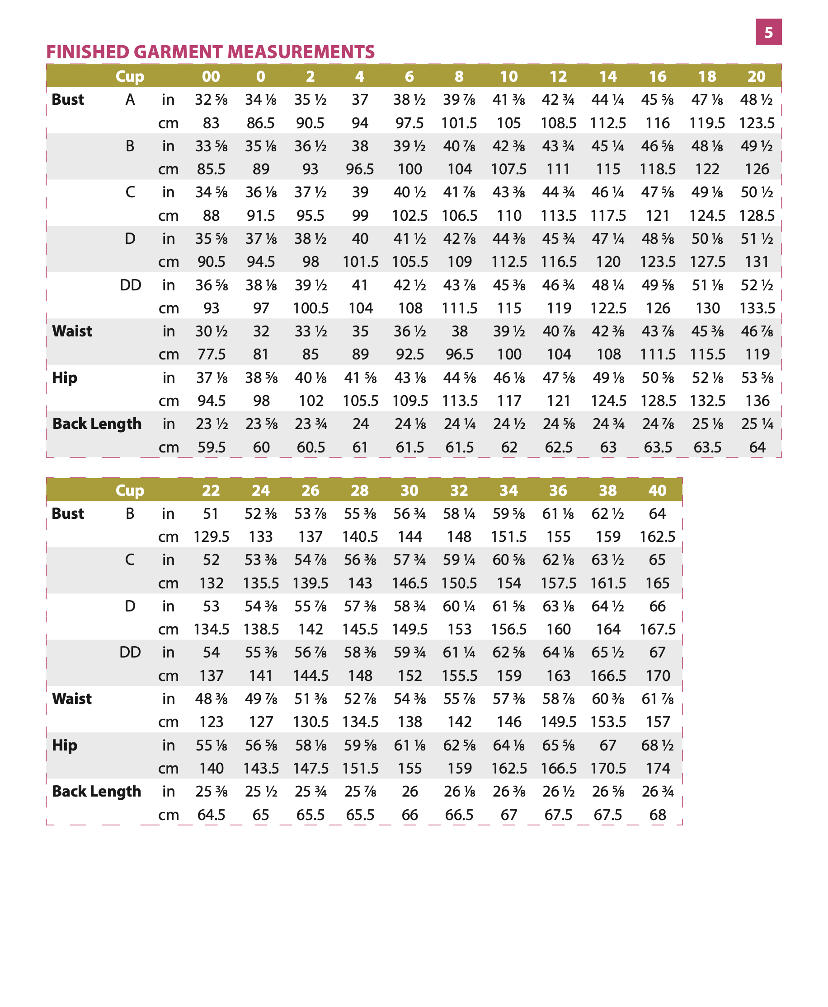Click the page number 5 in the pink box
768,33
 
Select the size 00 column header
211,76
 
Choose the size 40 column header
657,490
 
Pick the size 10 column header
508,76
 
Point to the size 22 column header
211,490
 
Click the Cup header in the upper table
130,76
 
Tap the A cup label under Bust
130,100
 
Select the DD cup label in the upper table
130,285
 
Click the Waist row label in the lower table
72,699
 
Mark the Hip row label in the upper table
64,378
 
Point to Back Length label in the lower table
97,791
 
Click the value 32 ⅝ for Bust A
211,100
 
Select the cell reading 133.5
757,308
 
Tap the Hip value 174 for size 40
658,768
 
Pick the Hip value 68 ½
657,745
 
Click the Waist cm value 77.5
211,354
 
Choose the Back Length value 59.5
211,447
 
